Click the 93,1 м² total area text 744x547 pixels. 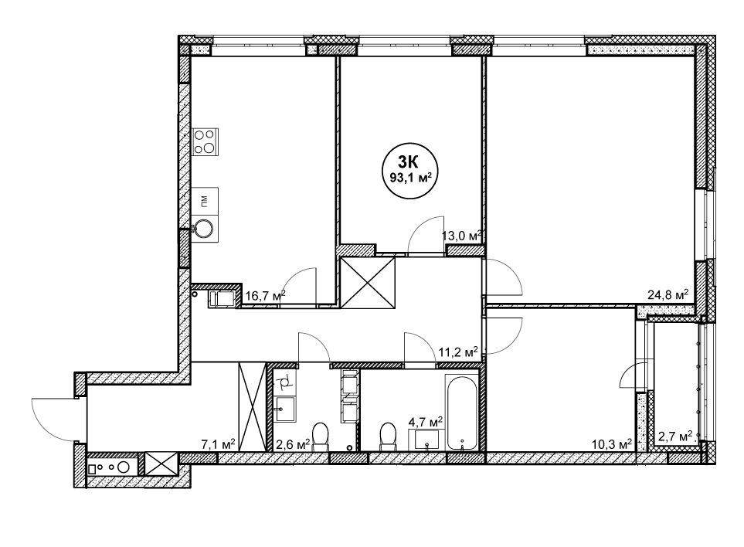410,178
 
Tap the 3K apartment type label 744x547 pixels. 408,163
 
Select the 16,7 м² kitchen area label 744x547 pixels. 265,296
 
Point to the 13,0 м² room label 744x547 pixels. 462,236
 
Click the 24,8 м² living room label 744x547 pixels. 668,295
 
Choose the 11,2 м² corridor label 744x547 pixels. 458,352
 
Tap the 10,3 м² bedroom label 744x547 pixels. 612,443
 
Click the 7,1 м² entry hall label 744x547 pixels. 219,444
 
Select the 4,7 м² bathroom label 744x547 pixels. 426,421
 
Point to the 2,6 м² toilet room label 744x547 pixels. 294,444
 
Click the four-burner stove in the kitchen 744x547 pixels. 205,141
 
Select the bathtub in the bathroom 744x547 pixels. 462,413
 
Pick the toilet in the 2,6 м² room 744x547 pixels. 321,436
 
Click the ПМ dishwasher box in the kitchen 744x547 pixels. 205,201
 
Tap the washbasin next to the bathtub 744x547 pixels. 427,440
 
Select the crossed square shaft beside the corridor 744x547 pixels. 369,282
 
